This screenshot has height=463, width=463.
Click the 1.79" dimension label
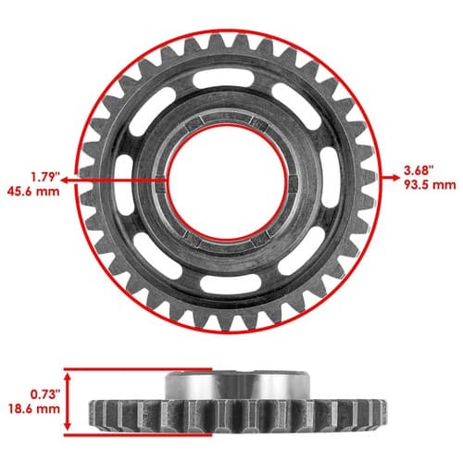(44, 178)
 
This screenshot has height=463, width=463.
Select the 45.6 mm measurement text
(33, 192)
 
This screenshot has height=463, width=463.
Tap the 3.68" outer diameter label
(419, 170)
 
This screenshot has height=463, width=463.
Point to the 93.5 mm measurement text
(430, 185)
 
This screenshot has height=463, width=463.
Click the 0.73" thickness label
(44, 394)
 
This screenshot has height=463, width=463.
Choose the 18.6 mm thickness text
(34, 409)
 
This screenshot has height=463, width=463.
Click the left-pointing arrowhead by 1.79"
(64, 181)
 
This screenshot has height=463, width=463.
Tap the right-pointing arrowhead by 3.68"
(396, 178)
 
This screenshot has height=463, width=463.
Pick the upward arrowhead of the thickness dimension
(69, 376)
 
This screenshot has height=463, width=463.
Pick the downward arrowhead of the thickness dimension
(69, 426)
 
